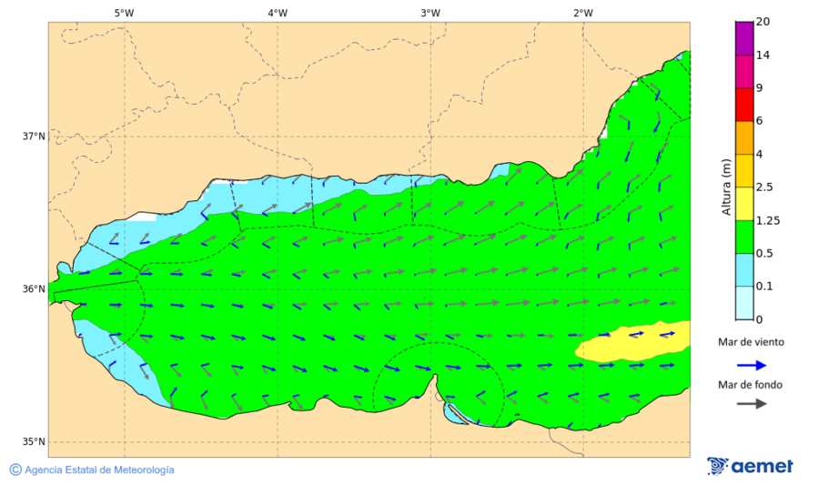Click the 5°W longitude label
[x=125, y=13]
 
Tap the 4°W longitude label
[x=278, y=13]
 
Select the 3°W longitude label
[x=430, y=13]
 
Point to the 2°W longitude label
[x=583, y=13]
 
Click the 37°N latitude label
[x=34, y=136]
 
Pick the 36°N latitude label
[x=34, y=289]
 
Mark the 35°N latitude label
[x=34, y=442]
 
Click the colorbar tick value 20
[x=763, y=23]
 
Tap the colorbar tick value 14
[x=763, y=56]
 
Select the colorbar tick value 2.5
[x=764, y=187]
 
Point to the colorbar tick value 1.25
[x=767, y=220]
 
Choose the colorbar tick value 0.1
[x=764, y=286]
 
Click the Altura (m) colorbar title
[x=726, y=187]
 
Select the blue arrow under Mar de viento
[x=750, y=364]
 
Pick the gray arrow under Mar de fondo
[x=750, y=404]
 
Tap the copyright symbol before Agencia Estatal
[x=15, y=470]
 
